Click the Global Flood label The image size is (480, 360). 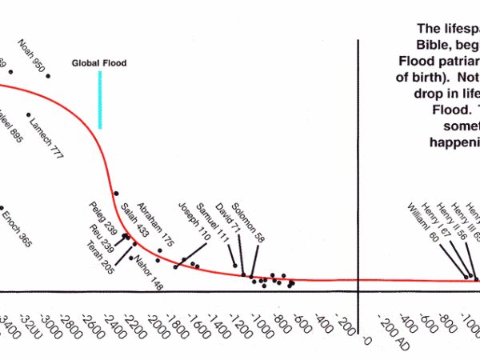pyautogui.click(x=99, y=63)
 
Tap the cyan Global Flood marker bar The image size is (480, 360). pyautogui.click(x=100, y=99)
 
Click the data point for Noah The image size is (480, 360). pyautogui.click(x=48, y=76)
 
